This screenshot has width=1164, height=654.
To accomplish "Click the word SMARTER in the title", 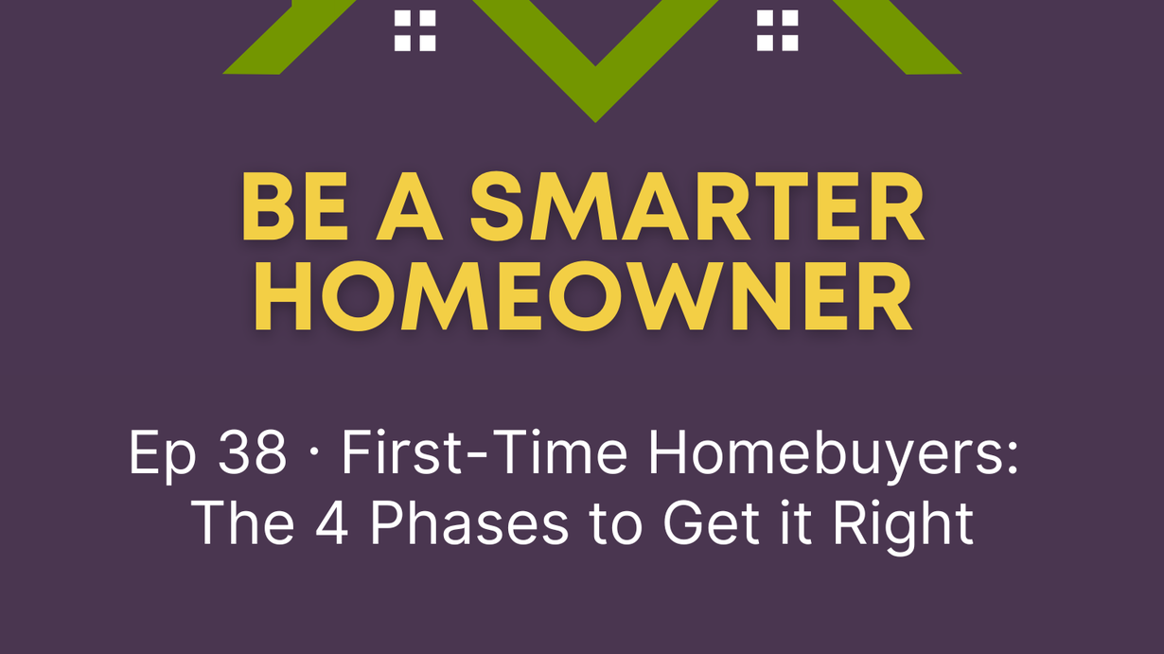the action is click(697, 206).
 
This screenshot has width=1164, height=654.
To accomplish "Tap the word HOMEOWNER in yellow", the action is click(583, 296).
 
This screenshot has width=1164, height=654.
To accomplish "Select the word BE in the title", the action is click(294, 206).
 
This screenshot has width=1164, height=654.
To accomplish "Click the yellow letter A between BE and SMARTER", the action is click(410, 206).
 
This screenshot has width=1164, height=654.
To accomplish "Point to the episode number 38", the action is click(252, 451).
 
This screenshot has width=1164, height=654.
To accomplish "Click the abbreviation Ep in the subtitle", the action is click(163, 456).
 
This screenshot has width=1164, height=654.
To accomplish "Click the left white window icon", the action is click(414, 30).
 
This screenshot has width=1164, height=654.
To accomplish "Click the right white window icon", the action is click(777, 30).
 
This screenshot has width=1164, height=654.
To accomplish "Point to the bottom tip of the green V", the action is click(595, 122).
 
